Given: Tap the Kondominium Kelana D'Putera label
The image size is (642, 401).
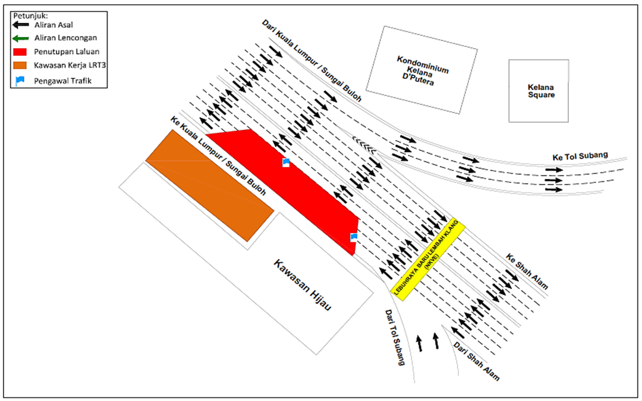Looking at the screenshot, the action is point(421,70).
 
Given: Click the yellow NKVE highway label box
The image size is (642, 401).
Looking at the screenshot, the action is point(428,260).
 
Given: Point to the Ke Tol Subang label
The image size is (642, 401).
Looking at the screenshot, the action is point(580,156).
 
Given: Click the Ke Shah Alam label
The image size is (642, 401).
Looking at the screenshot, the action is point(527,271).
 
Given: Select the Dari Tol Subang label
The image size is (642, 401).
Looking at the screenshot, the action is point(395,337).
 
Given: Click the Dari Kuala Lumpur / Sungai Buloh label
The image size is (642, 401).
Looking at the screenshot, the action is point(312,61).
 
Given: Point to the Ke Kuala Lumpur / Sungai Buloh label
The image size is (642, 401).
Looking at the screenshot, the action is point(218,156).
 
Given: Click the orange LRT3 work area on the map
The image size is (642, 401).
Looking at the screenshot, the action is point(210,185).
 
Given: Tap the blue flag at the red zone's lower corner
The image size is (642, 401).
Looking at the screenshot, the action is point(354,237).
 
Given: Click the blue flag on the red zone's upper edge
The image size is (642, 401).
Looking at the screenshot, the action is point(286,162).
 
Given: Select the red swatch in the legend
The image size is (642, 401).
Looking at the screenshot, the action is point(20,52).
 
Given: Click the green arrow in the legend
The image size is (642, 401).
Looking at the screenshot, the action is point(20,39).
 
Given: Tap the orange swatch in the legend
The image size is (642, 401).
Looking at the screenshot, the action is point(20,65).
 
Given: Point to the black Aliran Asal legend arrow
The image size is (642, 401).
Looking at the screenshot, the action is point(20,25).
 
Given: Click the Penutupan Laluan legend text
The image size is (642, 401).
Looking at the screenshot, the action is point(67,52).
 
